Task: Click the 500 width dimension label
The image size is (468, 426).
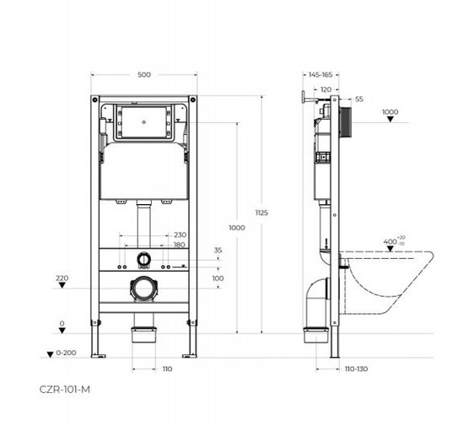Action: click(144, 75)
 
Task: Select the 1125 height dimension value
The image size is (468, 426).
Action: click(261, 213)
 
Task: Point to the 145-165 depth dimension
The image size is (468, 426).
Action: click(321, 75)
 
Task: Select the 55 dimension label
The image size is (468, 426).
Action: click(358, 100)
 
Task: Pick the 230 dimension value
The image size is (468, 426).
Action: click(180, 235)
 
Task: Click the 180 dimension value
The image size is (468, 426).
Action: click(180, 245)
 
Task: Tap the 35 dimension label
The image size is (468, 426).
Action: click(218, 251)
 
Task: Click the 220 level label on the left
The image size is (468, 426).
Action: click(62, 278)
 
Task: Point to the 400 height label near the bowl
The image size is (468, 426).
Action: click(390, 242)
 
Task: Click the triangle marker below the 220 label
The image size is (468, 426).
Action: click(62, 288)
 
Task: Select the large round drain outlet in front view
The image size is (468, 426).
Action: click(144, 288)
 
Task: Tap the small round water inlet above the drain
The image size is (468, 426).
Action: click(144, 260)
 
